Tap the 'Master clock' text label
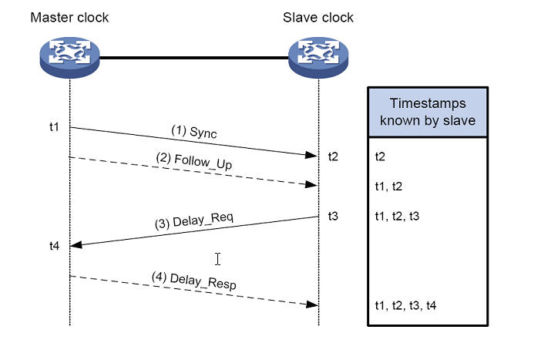(70, 18)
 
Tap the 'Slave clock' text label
(318, 18)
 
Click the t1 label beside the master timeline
(54, 126)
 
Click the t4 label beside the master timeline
(54, 245)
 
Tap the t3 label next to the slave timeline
(333, 217)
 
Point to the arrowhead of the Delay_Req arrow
(76, 244)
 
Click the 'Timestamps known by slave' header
(427, 112)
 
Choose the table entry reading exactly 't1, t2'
(389, 186)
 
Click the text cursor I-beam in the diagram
(218, 258)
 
